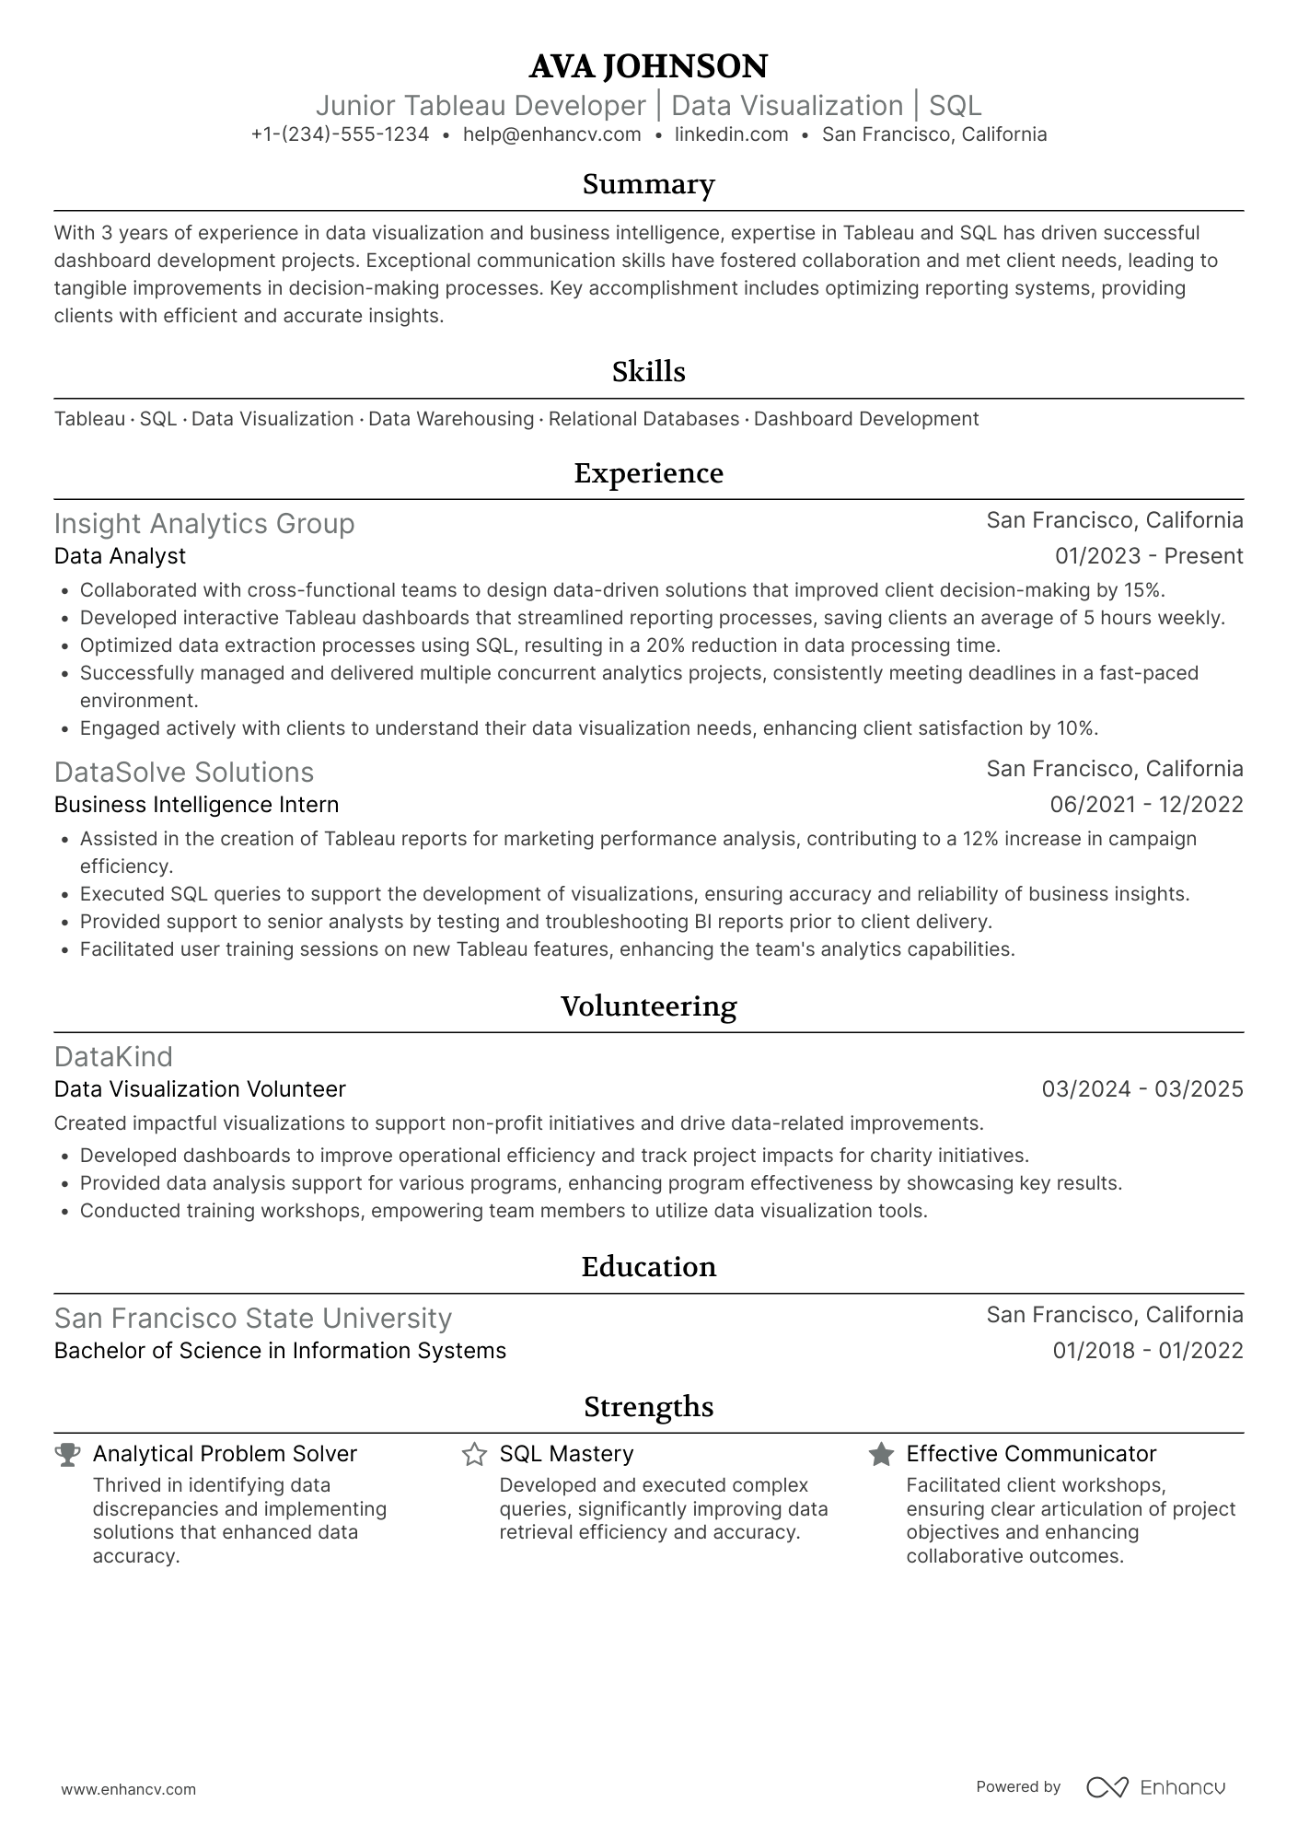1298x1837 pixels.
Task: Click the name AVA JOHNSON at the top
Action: tap(648, 66)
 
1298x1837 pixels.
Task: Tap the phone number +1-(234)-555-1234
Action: tap(340, 134)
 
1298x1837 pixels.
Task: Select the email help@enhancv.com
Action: tap(551, 134)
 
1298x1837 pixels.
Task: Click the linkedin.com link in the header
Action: tap(731, 134)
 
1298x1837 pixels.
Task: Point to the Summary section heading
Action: tap(648, 184)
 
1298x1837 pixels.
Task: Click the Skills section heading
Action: tap(648, 372)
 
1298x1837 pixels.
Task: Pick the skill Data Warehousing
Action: tap(451, 419)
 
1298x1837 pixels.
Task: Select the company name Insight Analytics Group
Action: tap(204, 524)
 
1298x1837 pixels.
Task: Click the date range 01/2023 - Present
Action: tap(1148, 556)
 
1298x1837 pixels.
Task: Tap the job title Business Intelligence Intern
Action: tap(196, 805)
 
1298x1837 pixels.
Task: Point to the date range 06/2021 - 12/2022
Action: tap(1146, 805)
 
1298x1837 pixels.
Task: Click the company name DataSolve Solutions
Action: tap(184, 773)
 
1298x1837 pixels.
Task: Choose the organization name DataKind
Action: tap(113, 1056)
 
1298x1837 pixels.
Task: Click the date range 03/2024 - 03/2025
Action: tap(1142, 1089)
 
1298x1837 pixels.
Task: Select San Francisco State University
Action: tap(253, 1319)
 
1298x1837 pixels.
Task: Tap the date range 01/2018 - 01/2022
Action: tap(1147, 1351)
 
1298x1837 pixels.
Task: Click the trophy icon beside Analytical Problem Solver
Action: tap(67, 1455)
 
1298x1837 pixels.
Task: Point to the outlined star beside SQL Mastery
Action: tap(474, 1455)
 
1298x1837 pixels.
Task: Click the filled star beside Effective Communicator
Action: tap(881, 1455)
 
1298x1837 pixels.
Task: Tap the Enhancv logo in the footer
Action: tap(1155, 1787)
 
